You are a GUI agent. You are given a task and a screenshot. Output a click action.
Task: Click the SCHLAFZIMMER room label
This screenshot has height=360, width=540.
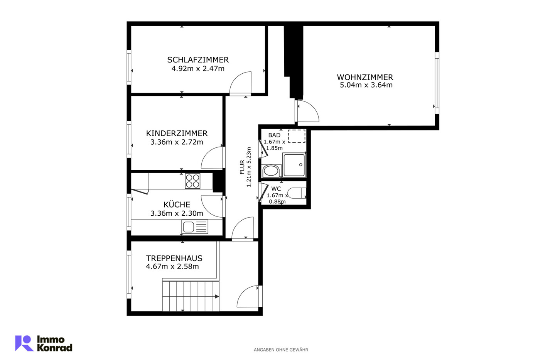point(198,59)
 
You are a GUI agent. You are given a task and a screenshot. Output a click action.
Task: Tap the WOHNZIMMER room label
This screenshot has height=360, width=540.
point(365,77)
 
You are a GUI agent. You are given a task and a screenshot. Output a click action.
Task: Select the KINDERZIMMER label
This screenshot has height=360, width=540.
point(177,134)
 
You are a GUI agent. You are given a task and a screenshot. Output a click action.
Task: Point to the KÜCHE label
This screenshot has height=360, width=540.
point(177,205)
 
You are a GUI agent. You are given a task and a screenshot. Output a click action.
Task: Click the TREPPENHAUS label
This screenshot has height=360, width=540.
point(174,258)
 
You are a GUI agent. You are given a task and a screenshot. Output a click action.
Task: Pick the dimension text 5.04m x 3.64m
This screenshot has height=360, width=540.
point(366,85)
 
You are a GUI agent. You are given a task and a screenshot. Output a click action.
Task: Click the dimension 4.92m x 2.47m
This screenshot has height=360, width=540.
point(198,68)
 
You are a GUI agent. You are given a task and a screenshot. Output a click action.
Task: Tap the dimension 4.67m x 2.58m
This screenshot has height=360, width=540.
point(172,267)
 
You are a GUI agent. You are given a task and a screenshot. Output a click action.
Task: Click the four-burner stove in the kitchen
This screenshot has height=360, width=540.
point(192,181)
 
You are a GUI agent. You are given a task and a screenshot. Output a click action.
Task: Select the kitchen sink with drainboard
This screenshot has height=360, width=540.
point(195,226)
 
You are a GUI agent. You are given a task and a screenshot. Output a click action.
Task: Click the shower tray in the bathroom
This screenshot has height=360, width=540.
point(294,165)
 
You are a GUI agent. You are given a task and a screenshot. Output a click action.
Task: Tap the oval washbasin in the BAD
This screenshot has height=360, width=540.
point(271,171)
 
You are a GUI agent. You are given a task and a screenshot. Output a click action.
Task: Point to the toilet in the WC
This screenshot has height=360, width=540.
point(297,193)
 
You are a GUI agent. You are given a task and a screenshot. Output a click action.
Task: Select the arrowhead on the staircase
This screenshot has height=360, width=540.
point(217,296)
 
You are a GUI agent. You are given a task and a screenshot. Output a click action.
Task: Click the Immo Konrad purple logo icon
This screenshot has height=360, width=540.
point(24,343)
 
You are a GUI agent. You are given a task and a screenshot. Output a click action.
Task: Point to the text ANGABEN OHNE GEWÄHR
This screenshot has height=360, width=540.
point(281,350)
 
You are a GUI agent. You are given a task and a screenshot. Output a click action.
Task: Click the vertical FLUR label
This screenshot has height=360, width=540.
point(242,167)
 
